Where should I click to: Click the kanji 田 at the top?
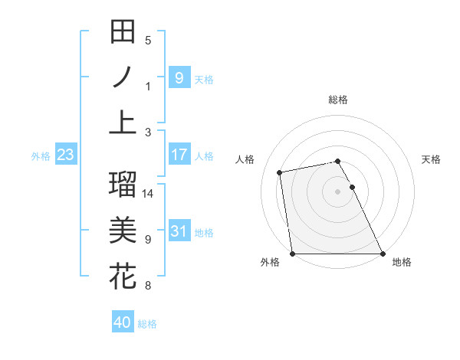pyautogui.click(x=123, y=32)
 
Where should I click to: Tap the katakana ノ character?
pyautogui.click(x=123, y=77)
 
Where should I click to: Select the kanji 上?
pyautogui.click(x=123, y=122)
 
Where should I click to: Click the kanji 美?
pyautogui.click(x=123, y=229)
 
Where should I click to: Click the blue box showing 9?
pyautogui.click(x=179, y=77)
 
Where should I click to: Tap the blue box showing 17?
pyautogui.click(x=179, y=155)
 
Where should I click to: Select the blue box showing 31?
pyautogui.click(x=179, y=231)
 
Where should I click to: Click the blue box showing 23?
pyautogui.click(x=65, y=155)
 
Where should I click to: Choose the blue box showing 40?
pyautogui.click(x=123, y=322)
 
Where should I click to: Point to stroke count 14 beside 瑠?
pyautogui.click(x=148, y=194)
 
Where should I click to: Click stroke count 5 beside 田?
pyautogui.click(x=148, y=41)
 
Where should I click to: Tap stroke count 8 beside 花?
pyautogui.click(x=148, y=286)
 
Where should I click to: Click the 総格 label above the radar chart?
pyautogui.click(x=338, y=100)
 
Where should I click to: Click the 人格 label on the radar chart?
pyautogui.click(x=245, y=159)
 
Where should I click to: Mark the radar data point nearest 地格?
pyautogui.click(x=383, y=254)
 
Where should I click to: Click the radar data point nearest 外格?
pyautogui.click(x=293, y=254)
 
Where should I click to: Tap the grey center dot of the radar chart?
pyautogui.click(x=338, y=191)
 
